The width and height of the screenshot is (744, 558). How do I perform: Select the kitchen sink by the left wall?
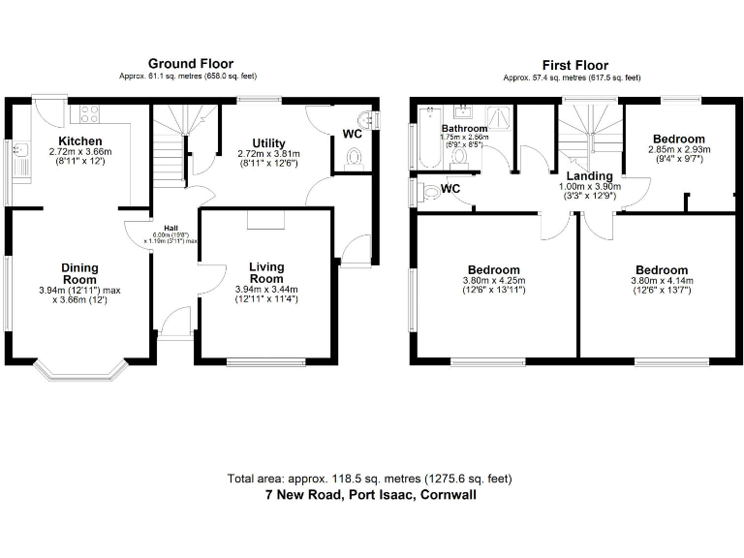[x=19, y=155]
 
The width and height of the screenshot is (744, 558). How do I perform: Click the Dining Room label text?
[x=80, y=274]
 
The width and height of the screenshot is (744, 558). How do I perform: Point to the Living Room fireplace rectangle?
[x=266, y=222]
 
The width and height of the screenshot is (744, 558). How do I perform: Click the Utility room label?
[x=268, y=142]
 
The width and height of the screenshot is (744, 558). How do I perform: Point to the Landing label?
[x=589, y=175]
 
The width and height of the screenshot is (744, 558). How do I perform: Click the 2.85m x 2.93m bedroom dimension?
[x=679, y=150]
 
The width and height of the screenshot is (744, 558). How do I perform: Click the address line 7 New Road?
[x=371, y=494]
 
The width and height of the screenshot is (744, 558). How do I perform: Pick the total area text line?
[x=371, y=479]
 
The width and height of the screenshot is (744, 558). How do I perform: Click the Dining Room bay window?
[x=80, y=369]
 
